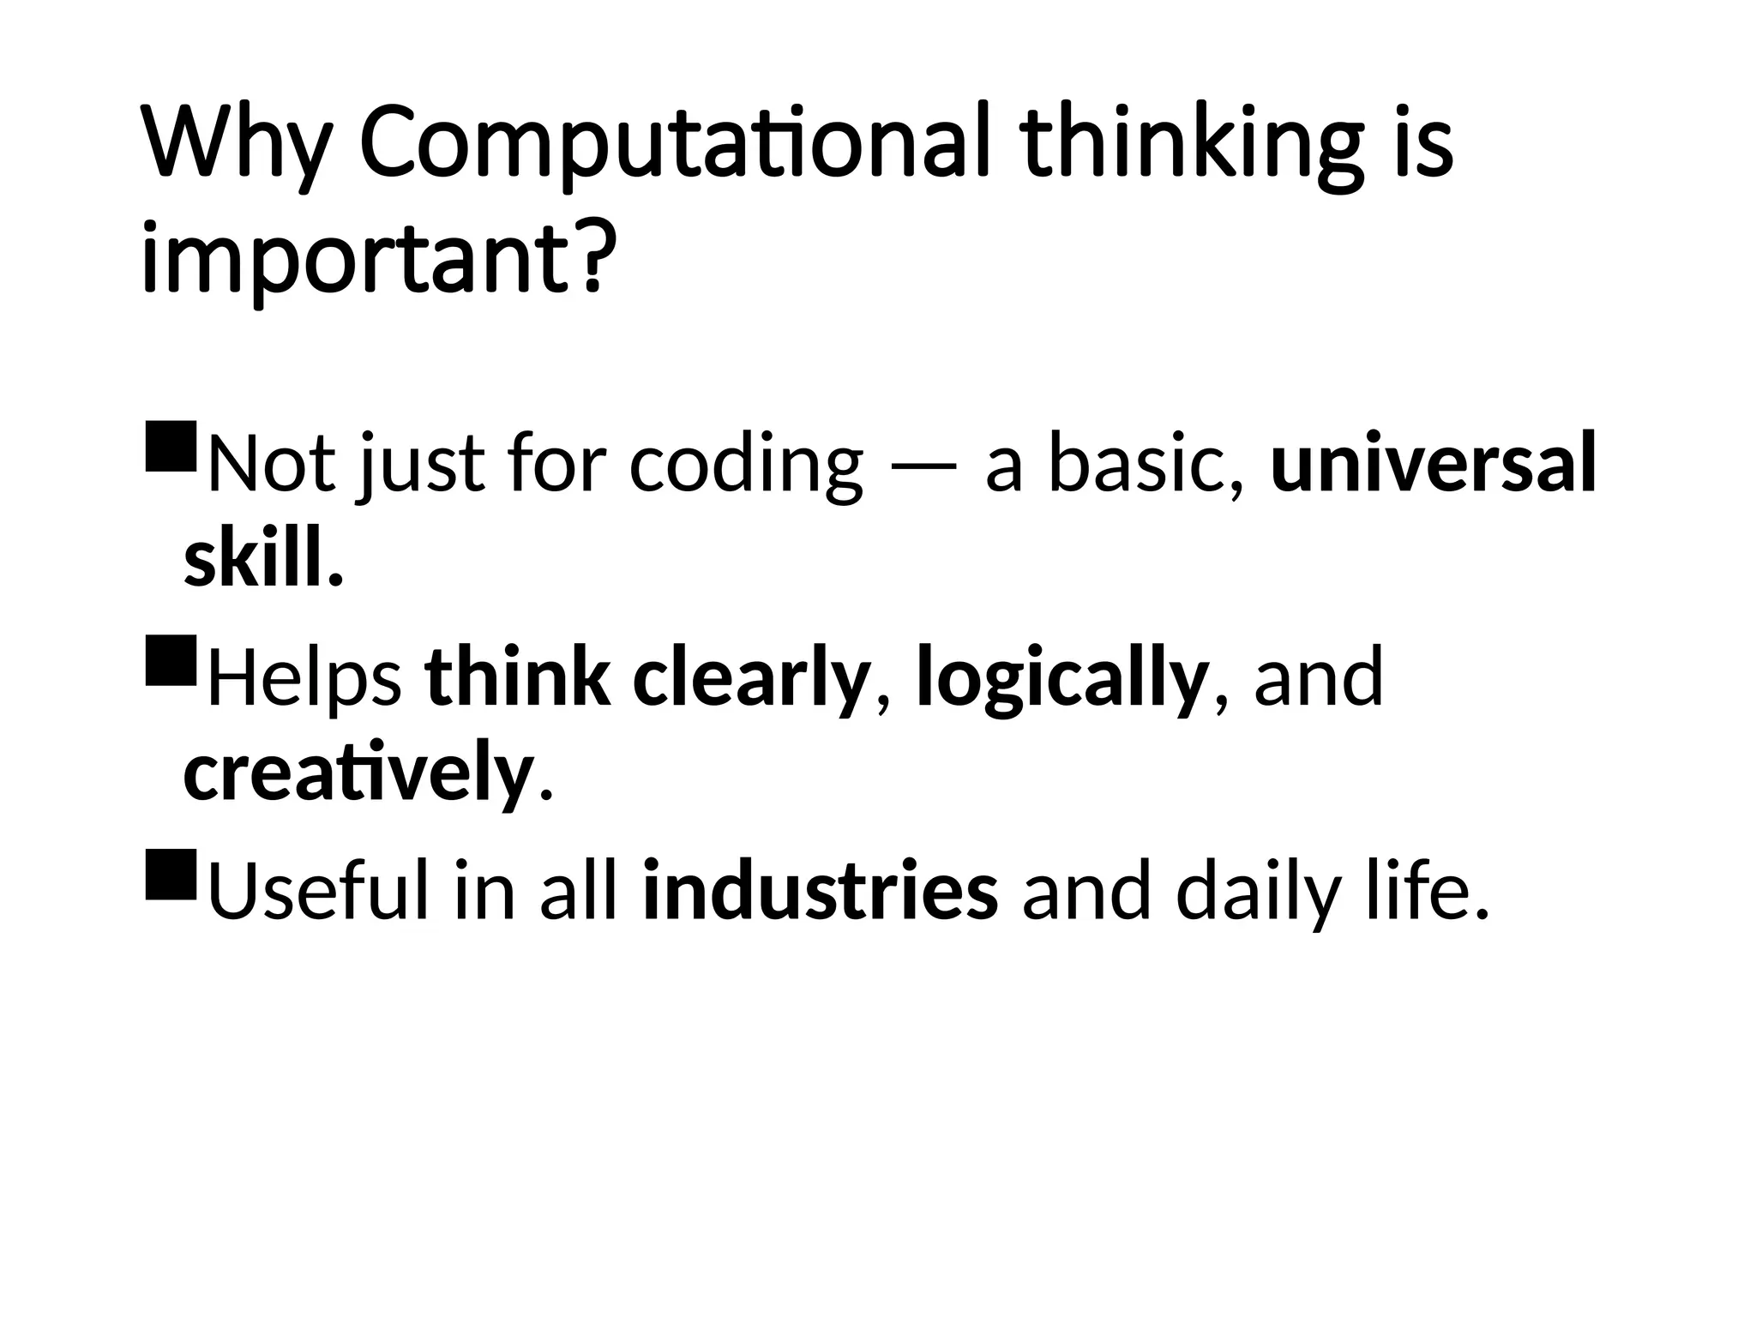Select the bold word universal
pos(1434,464)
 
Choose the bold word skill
pos(262,560)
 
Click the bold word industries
pos(821,893)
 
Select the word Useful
pos(318,893)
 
